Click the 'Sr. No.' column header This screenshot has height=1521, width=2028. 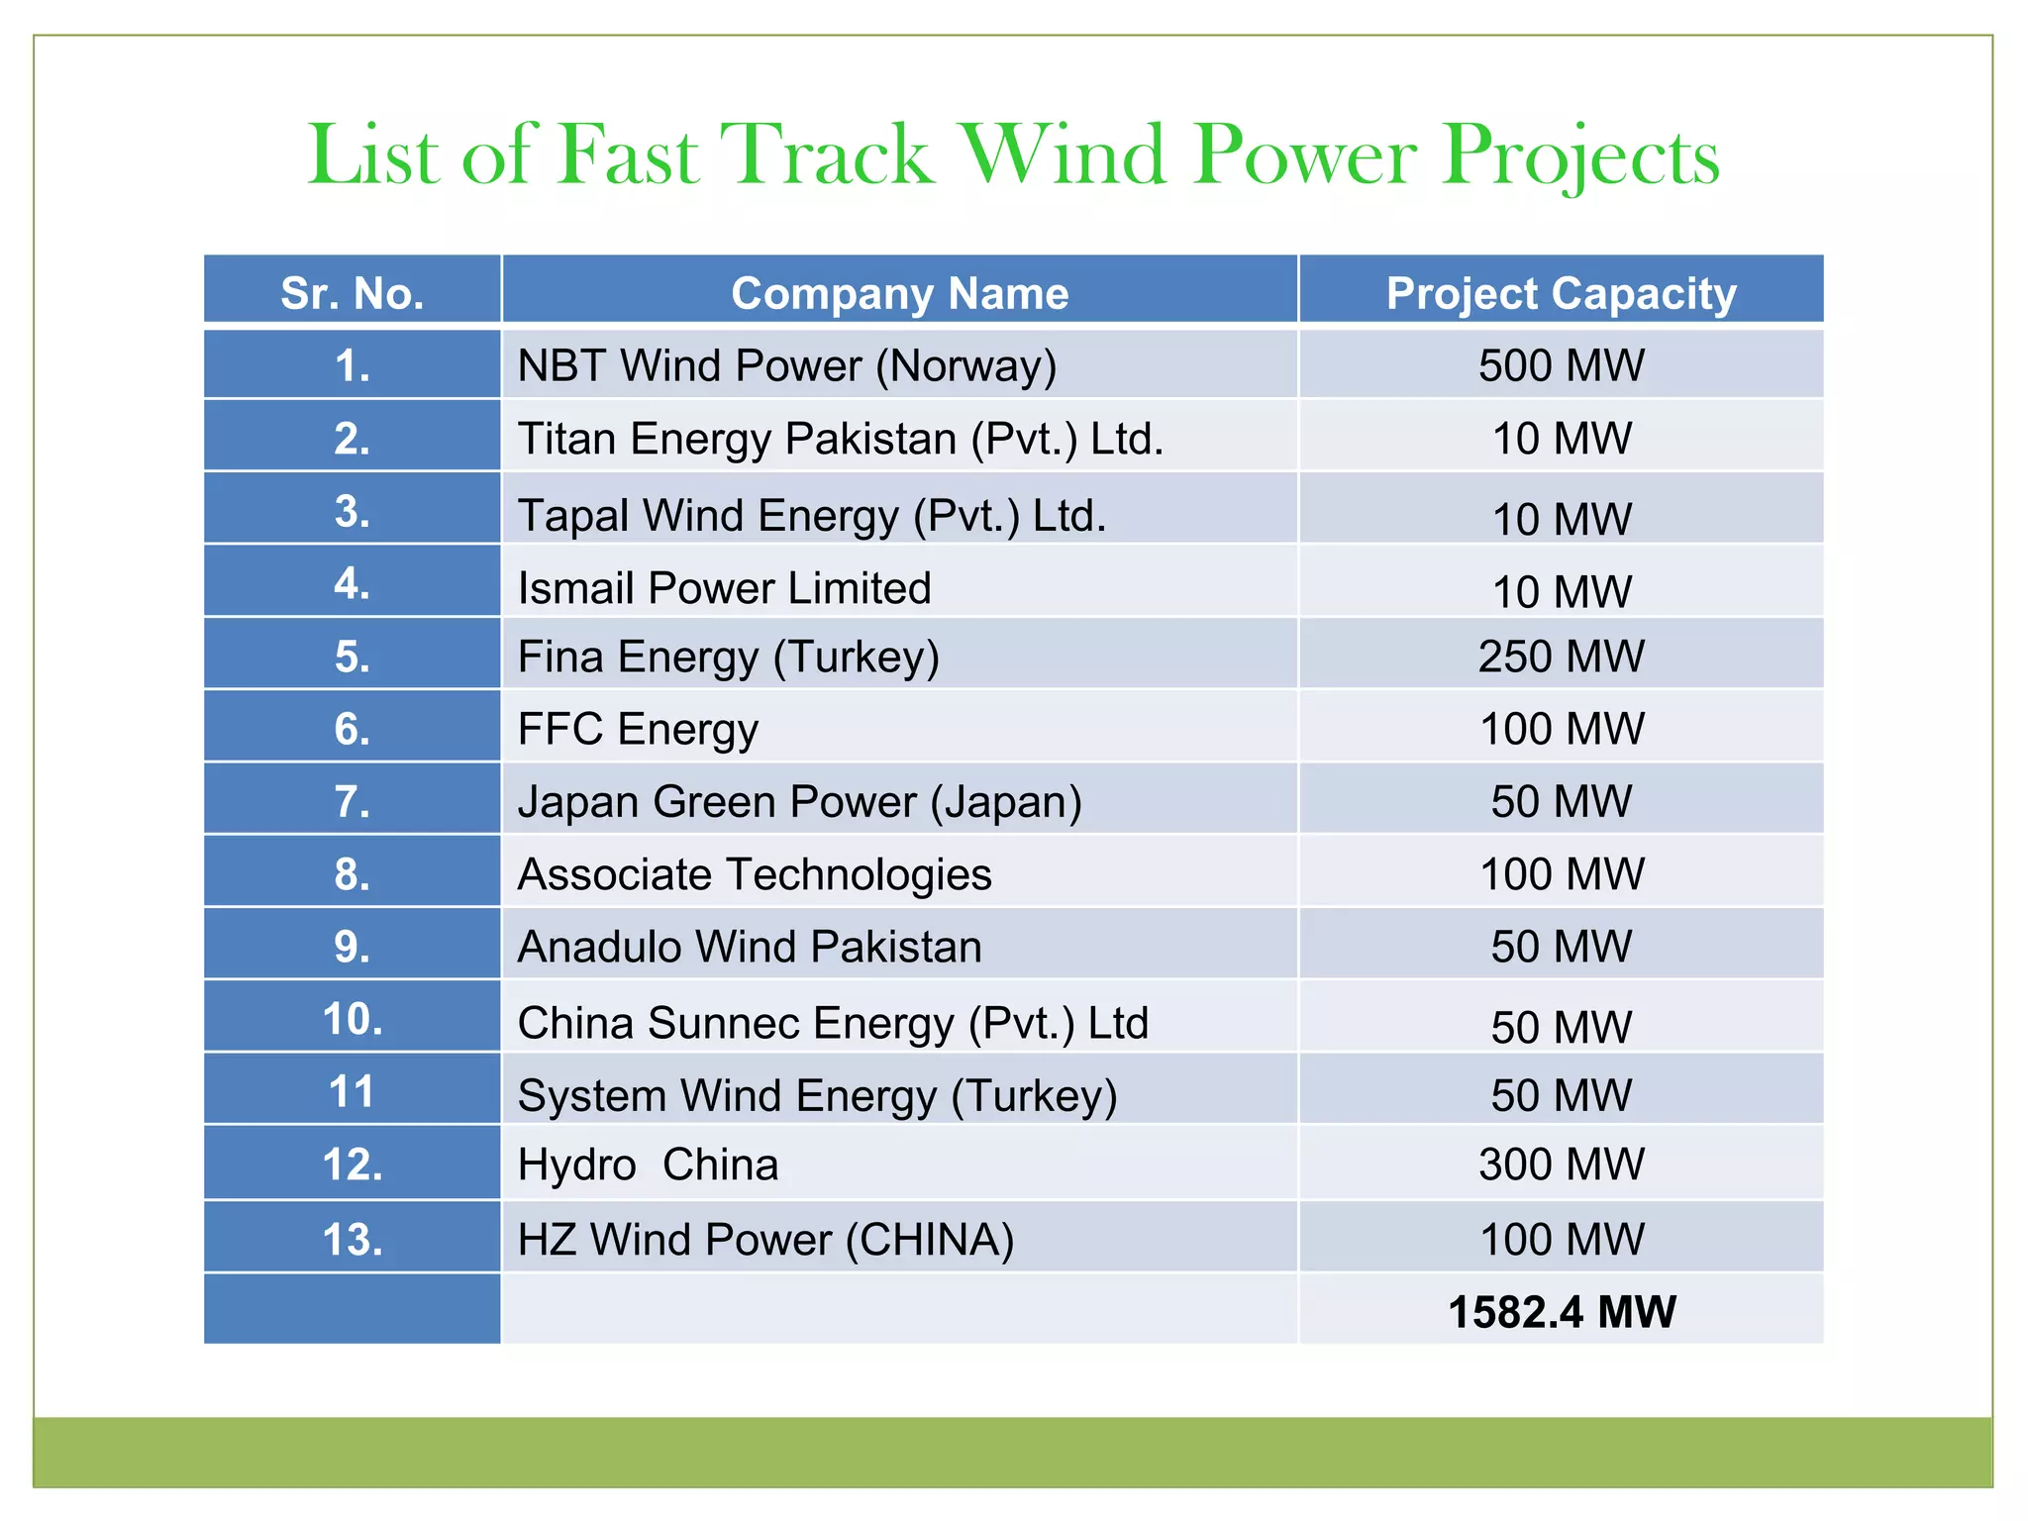(352, 293)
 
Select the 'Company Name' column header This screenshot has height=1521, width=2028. (899, 293)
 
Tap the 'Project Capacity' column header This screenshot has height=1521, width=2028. (1561, 293)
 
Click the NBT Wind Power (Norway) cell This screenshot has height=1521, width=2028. (786, 365)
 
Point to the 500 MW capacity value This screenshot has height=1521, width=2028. (1561, 365)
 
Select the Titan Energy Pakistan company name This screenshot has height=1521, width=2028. (840, 439)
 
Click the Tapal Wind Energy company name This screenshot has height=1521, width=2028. (811, 515)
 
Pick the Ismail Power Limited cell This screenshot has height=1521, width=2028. (724, 588)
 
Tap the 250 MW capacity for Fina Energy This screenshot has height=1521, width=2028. (1561, 656)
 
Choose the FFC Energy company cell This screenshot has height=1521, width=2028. (638, 729)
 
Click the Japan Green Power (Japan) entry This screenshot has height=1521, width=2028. (799, 801)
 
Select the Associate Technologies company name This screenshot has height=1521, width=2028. (754, 874)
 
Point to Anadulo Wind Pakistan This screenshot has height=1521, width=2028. (749, 947)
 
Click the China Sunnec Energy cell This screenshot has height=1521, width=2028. (832, 1023)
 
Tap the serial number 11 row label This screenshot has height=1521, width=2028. (352, 1091)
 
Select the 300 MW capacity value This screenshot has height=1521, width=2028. (1561, 1164)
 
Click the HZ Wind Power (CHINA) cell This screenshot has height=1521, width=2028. (765, 1240)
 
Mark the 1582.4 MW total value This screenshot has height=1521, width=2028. (1561, 1312)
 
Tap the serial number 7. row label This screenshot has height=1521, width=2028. (352, 801)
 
